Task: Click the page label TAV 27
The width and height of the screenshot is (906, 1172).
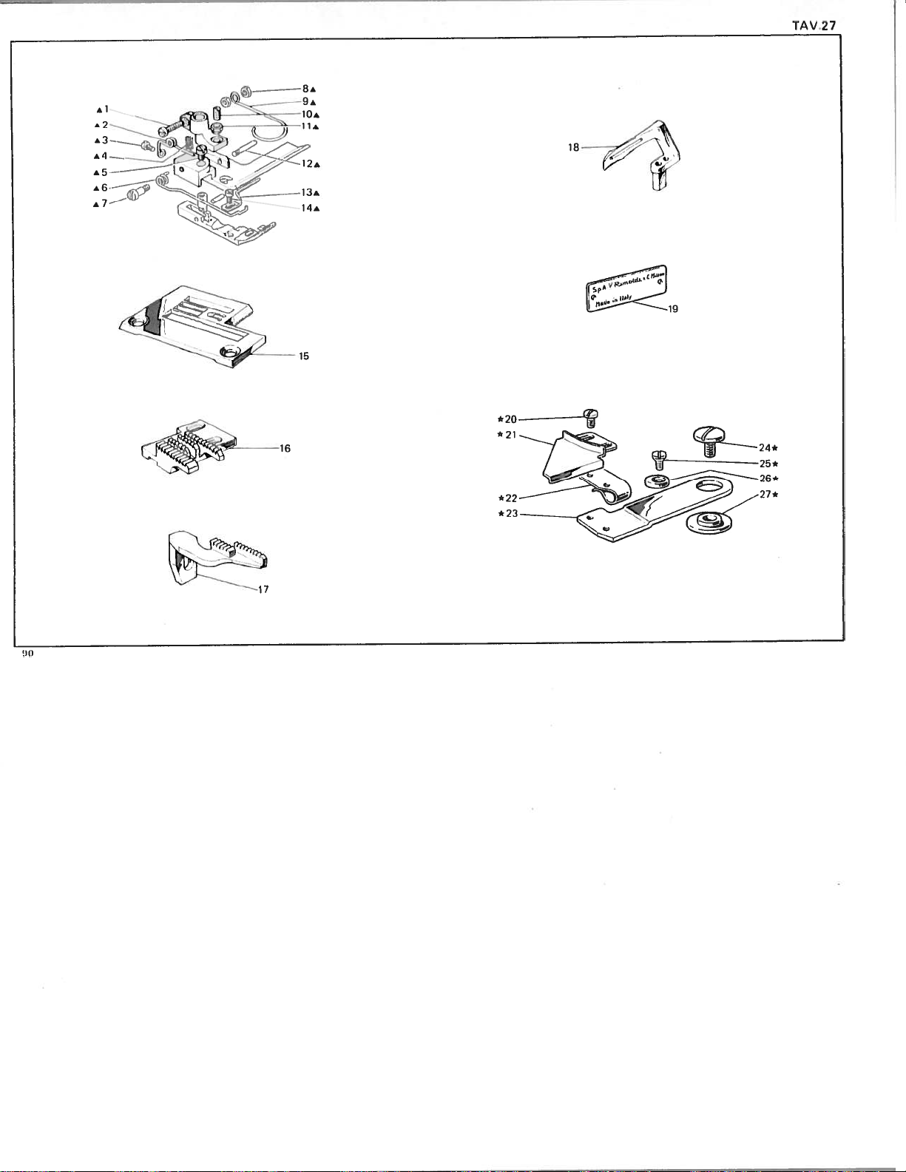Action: pyautogui.click(x=814, y=25)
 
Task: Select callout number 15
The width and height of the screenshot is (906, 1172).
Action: pyautogui.click(x=304, y=356)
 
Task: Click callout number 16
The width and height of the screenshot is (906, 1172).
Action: pyautogui.click(x=285, y=448)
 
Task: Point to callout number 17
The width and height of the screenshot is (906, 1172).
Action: pyautogui.click(x=263, y=589)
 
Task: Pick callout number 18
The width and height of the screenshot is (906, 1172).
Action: pyautogui.click(x=573, y=147)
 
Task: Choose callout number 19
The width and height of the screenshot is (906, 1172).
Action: pyautogui.click(x=672, y=309)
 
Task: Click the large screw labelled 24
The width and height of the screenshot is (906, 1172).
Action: pyautogui.click(x=709, y=438)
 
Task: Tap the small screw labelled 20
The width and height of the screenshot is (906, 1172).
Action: pyautogui.click(x=590, y=417)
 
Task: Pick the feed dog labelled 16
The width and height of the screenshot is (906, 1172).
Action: pyautogui.click(x=185, y=449)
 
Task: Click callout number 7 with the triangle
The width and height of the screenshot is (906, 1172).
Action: pyautogui.click(x=104, y=203)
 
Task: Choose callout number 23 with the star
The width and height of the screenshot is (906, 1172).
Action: pyautogui.click(x=511, y=513)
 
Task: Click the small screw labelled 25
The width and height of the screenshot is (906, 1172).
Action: pyautogui.click(x=659, y=459)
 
